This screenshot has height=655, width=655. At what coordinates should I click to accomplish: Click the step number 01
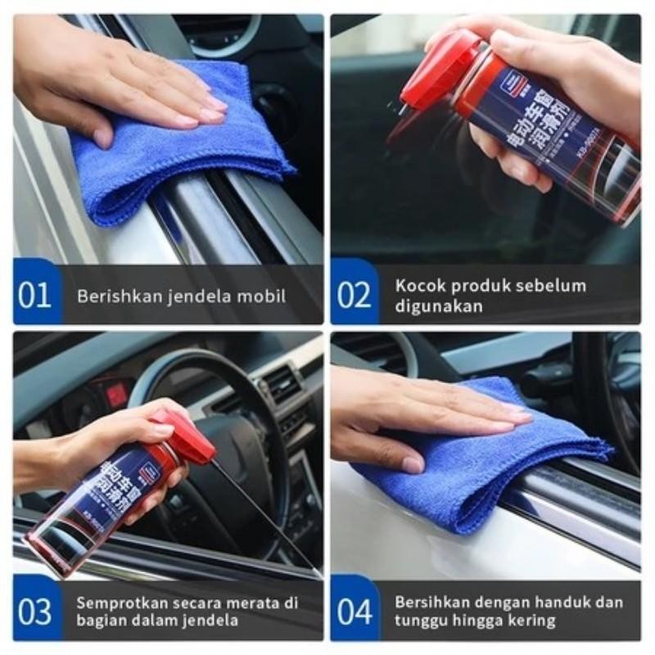click(x=34, y=295)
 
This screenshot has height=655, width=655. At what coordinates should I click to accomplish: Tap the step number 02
click(x=354, y=295)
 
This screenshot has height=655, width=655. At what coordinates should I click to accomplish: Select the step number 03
click(x=34, y=612)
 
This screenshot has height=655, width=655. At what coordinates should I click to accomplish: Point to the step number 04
click(x=354, y=612)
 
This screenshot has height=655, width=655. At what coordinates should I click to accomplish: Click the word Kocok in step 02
click(x=418, y=286)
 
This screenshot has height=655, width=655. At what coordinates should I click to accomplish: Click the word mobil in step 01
click(x=264, y=296)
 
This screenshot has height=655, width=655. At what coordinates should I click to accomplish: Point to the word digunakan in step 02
click(x=439, y=306)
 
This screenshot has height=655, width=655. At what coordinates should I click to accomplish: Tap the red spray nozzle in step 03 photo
click(x=187, y=438)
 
